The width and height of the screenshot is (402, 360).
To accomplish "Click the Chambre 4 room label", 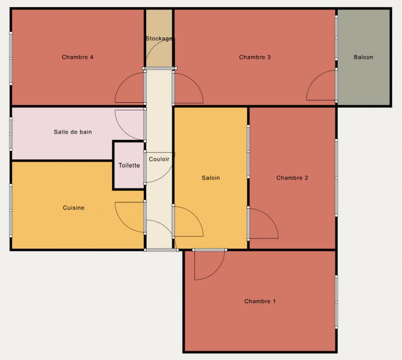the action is coord(77,57).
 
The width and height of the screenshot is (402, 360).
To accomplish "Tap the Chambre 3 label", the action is coord(255,57).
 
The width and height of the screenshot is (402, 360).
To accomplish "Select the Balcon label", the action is coord(363,57).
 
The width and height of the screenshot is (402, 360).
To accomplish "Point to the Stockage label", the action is coord(159,38).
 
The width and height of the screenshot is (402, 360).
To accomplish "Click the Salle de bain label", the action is coord(73,132).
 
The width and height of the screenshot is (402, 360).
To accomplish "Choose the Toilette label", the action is coord(129,165).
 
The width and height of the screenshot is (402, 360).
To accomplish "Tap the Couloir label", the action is coord(159,159).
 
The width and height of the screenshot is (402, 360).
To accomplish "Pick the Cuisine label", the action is coord(73,207).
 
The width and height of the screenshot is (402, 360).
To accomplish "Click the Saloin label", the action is coord(211,178).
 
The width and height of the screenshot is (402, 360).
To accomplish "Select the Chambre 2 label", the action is coord(292,178).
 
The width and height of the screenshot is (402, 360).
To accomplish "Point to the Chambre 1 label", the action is coord(260,301).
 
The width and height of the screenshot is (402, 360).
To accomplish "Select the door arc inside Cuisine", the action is coord(124,224).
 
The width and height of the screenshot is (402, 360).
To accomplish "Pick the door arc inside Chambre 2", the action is coord(270,217).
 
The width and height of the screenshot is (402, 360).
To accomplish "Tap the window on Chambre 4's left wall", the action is coord(11,58).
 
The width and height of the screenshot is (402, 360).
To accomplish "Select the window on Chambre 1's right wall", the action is coord(336,302).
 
